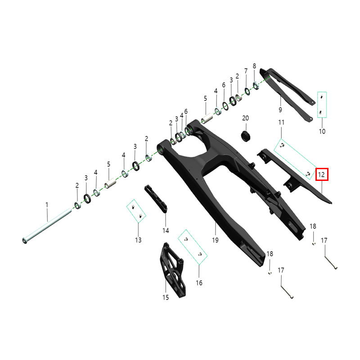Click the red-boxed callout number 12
(321, 175)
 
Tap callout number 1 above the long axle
(47, 205)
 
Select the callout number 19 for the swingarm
(215, 240)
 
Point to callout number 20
(245, 118)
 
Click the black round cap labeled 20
(245, 136)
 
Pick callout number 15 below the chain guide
(166, 297)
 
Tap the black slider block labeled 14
(156, 198)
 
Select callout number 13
(138, 240)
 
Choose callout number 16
(199, 283)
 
